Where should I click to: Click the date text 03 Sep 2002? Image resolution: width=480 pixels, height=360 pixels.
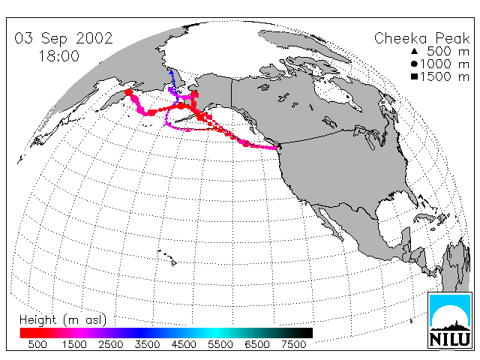tap(64, 38)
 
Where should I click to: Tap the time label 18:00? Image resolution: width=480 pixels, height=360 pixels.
tap(58, 56)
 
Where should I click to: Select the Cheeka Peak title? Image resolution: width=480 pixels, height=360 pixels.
tap(421, 38)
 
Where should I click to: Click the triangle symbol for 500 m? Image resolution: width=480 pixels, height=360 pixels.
tap(415, 51)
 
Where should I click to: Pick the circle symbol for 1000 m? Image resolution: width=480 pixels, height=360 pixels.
tap(414, 64)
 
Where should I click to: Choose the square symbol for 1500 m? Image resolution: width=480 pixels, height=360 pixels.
tap(415, 76)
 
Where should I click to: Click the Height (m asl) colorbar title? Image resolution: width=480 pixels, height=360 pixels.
tap(63, 320)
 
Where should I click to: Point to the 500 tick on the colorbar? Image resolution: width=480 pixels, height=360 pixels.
tap(37, 344)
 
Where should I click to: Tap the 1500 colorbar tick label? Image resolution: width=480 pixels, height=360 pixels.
tap(74, 344)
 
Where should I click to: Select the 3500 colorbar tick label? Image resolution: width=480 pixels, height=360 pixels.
tap(147, 344)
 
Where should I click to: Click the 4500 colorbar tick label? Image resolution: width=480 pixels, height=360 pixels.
tap(184, 344)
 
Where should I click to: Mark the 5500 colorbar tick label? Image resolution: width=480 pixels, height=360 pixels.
tap(220, 344)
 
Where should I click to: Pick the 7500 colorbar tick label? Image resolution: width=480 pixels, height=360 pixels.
tap(293, 344)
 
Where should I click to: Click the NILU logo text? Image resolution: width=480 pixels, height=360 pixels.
tap(450, 339)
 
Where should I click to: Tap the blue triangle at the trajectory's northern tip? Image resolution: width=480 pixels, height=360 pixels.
tap(172, 72)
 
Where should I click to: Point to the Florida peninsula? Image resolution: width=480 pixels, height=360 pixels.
tap(411, 197)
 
